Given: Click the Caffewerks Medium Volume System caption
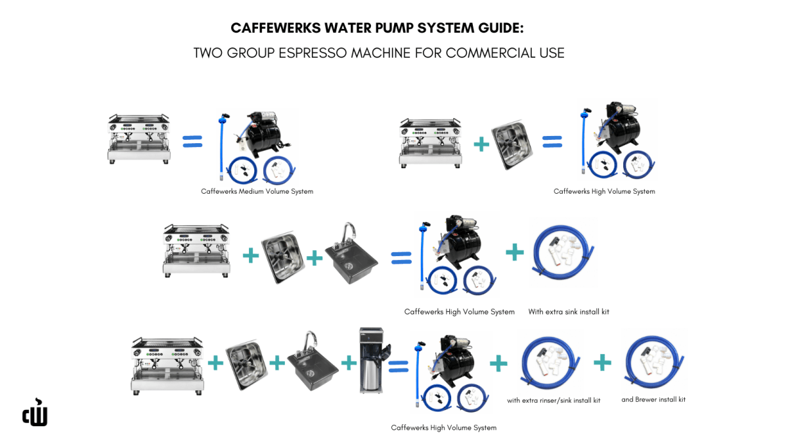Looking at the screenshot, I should point(257,192).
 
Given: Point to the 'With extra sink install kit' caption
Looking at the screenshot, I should point(569,311).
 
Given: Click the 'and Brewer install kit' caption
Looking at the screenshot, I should point(653,399).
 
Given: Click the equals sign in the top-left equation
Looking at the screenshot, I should point(192,141).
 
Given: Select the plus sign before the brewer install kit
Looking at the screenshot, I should point(602,362).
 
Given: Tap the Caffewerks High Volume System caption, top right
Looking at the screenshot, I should point(604,192).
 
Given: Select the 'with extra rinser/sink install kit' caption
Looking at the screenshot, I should point(554,400).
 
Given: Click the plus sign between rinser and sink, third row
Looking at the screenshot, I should point(315,257).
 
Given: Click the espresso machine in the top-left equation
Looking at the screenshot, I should point(139,139).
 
